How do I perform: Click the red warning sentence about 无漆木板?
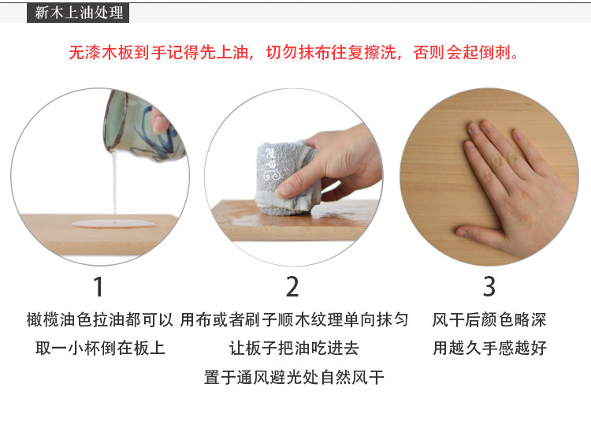(293, 54)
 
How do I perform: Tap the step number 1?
(98, 285)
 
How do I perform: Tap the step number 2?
(292, 285)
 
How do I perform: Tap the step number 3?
(489, 285)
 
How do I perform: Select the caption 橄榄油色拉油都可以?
(99, 320)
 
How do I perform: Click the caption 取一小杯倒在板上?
(99, 348)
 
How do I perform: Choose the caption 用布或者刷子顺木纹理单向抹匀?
(294, 320)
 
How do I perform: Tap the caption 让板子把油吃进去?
(294, 348)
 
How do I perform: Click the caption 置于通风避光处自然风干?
(294, 377)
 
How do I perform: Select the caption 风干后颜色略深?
(489, 320)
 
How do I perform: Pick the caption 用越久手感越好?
(489, 348)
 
